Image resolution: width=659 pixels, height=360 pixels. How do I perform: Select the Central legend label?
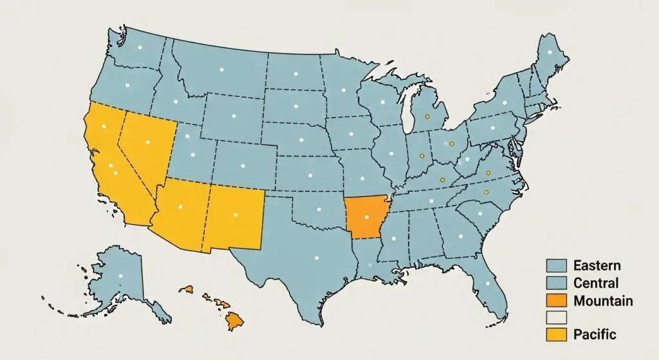[596, 283]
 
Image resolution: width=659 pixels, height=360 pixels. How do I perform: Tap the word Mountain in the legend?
[602, 301]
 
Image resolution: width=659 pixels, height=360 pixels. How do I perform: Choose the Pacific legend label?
[595, 334]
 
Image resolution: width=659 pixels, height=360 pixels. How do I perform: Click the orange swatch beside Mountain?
[556, 301]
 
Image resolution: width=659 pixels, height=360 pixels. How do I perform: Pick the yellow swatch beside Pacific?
[556, 334]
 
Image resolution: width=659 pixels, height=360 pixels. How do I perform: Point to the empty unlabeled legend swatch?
[556, 317]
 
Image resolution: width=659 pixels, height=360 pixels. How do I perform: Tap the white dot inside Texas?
[316, 258]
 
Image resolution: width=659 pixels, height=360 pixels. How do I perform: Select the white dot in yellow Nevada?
[147, 142]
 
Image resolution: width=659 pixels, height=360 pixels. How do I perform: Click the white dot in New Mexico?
[235, 214]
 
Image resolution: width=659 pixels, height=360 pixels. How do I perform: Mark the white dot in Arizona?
[181, 207]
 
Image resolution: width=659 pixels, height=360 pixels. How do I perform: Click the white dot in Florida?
[487, 283]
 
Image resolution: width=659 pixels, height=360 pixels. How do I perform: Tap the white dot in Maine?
[550, 52]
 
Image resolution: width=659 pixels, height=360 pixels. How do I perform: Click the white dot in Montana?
[221, 69]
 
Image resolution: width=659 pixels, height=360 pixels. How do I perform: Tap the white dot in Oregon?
[127, 86]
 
